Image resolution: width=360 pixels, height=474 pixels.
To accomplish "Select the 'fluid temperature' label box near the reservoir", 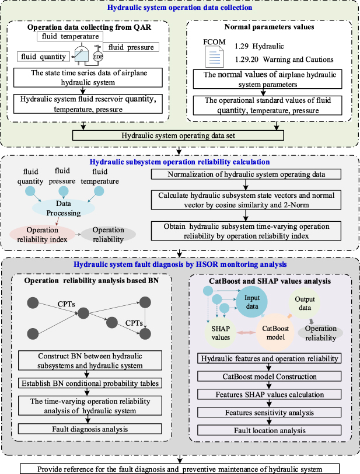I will tap(69, 37).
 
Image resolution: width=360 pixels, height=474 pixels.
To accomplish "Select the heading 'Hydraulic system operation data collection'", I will tap(180, 8).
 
